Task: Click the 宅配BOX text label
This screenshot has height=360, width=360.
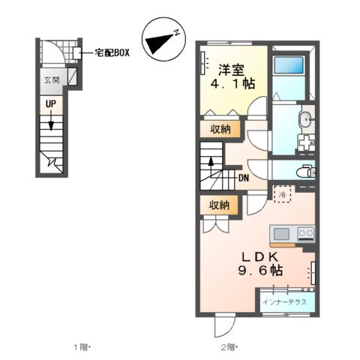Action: [112, 53]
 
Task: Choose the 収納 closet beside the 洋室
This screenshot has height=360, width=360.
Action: [220, 129]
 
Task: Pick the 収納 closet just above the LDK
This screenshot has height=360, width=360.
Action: [220, 205]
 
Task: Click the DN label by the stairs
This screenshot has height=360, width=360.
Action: [244, 178]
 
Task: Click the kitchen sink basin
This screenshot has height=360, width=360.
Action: [281, 233]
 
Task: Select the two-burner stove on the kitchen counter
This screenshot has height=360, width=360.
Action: [304, 233]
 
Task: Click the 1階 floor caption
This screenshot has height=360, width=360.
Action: [82, 346]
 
